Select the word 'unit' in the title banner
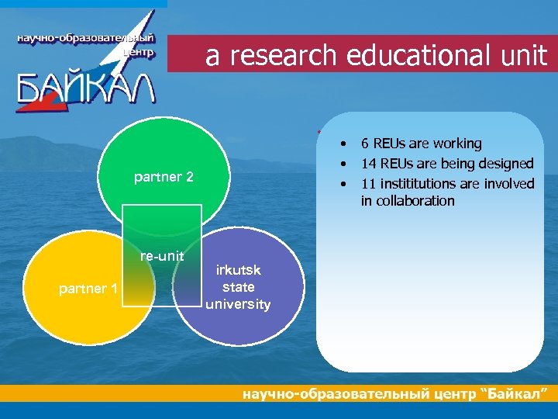tap(522, 56)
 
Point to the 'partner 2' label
tap(164, 177)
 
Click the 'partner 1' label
tap(88, 289)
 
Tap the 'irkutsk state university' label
tap(238, 287)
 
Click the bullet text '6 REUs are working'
tap(421, 144)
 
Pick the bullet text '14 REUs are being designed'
tap(447, 164)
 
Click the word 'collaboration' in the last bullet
tap(408, 201)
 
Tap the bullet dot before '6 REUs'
tap(339, 144)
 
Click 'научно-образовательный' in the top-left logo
tap(85, 39)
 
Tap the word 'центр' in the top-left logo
tap(139, 53)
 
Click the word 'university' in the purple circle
tap(238, 304)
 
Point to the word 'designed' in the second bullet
tap(506, 164)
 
